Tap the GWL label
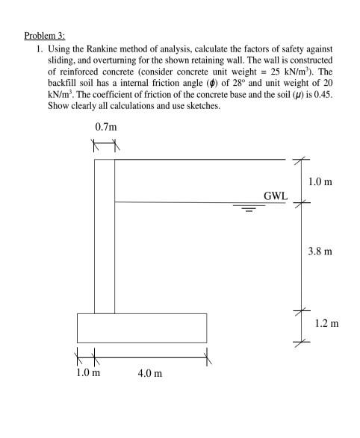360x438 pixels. (x=275, y=195)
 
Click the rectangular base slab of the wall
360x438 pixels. (x=142, y=328)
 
